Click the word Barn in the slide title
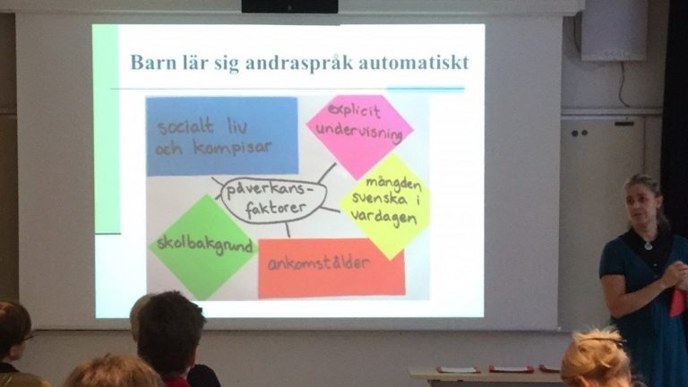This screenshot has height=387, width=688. click(x=150, y=62)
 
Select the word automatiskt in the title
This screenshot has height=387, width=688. click(x=413, y=63)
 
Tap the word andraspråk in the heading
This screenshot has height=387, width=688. click(x=299, y=64)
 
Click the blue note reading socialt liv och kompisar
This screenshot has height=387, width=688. click(x=222, y=136)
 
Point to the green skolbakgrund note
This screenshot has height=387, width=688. click(x=204, y=246)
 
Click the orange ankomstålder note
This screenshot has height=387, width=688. click(x=331, y=269)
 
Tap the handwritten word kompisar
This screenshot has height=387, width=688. click(x=233, y=149)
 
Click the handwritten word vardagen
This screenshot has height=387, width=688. click(x=384, y=218)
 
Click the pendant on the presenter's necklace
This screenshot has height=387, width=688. click(x=649, y=245)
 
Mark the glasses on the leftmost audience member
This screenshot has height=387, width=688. click(x=25, y=338)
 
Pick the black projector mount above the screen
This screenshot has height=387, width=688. click(x=289, y=6)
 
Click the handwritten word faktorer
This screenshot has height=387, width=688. click(x=275, y=209)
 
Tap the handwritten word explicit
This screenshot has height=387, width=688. click(x=355, y=109)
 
